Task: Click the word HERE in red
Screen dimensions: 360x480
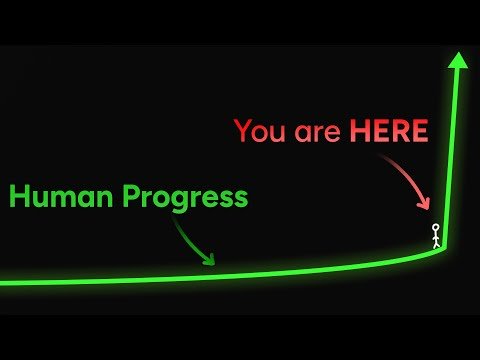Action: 388,131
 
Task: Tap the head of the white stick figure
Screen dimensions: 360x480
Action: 436,228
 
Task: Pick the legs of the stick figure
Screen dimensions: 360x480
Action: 436,245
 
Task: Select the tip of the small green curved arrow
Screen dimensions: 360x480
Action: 213,263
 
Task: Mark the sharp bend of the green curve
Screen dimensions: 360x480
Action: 445,246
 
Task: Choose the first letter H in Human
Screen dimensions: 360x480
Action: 19,197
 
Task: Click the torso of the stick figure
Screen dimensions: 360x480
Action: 436,237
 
